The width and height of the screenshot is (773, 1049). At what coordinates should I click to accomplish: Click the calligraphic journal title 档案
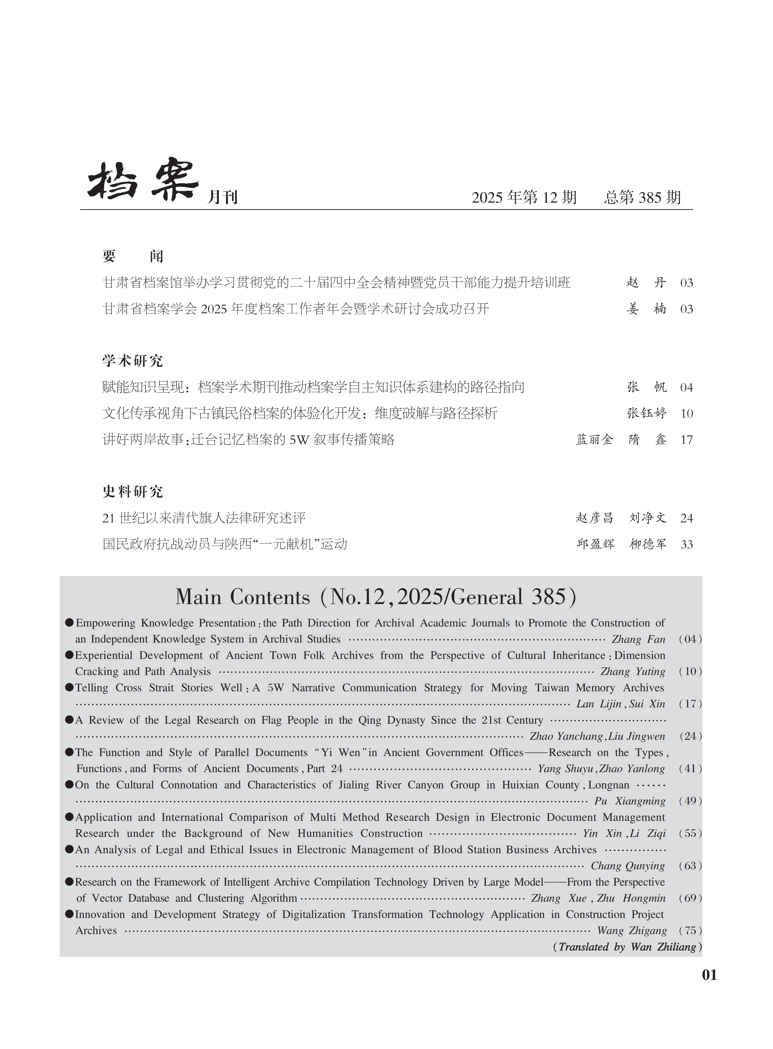point(143,180)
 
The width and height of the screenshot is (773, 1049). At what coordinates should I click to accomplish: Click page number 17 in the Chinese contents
point(686,440)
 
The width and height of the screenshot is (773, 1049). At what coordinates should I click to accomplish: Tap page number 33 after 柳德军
point(686,544)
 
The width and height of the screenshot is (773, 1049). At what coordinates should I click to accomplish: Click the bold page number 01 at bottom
point(709,975)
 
